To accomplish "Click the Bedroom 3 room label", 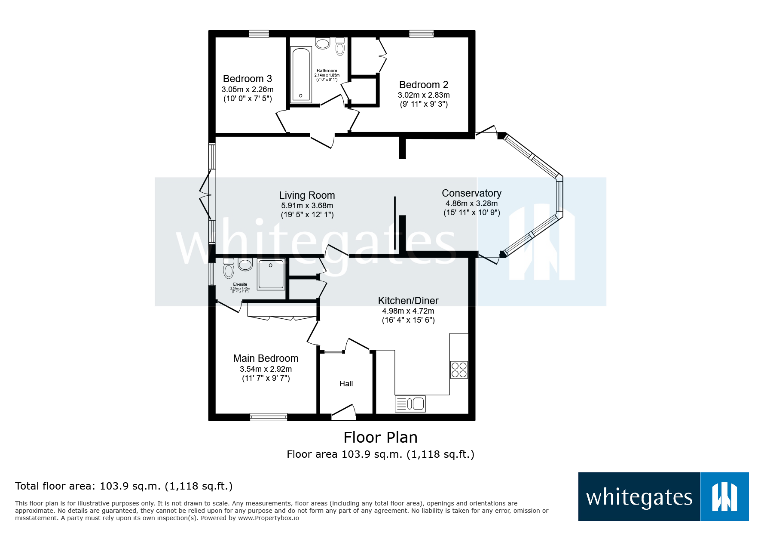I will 247,79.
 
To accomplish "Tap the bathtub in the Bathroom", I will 301,74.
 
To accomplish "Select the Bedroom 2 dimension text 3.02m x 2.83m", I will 423,95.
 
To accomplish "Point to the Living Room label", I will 307,195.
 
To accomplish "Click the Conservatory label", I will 471,193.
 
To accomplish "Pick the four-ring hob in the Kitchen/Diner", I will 458,370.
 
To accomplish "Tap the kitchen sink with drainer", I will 410,404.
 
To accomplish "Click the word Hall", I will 346,384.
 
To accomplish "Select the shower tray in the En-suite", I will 271,274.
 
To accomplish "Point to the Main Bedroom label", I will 266,358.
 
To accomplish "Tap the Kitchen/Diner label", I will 408,301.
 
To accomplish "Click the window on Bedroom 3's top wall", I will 259,34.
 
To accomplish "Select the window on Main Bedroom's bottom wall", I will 268,416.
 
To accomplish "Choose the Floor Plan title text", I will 380,437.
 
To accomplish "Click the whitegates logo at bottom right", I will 663,497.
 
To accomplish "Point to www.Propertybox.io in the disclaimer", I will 268,518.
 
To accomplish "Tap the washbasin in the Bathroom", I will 322,43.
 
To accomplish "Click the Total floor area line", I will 124,486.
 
